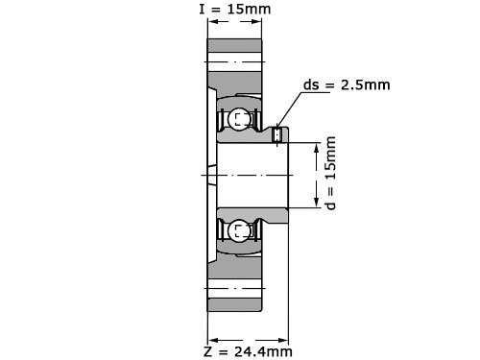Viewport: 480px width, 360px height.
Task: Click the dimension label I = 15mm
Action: [235, 9]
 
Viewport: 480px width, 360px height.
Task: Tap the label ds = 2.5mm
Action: [347, 85]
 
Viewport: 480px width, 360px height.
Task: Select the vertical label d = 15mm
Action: [330, 173]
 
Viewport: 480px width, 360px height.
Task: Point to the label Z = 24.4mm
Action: [248, 351]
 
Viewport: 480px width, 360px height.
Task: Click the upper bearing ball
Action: [239, 119]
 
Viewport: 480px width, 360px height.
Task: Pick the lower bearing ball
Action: [239, 231]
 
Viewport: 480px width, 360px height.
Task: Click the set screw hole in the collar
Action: [276, 134]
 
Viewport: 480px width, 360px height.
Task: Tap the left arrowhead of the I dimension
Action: [213, 21]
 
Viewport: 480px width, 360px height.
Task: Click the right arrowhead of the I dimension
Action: [256, 21]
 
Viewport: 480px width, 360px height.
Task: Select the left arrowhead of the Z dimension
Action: [213, 340]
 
